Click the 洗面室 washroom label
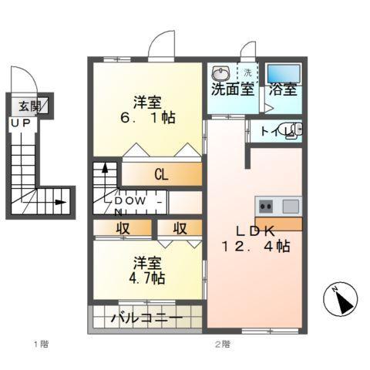(232, 89)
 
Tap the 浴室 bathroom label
(283, 89)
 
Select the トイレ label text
(272, 131)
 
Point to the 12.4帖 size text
(254, 248)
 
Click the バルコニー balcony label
(146, 317)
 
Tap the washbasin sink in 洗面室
(220, 73)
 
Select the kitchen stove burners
(265, 206)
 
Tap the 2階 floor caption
(222, 343)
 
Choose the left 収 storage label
(123, 228)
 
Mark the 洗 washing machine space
(248, 73)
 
